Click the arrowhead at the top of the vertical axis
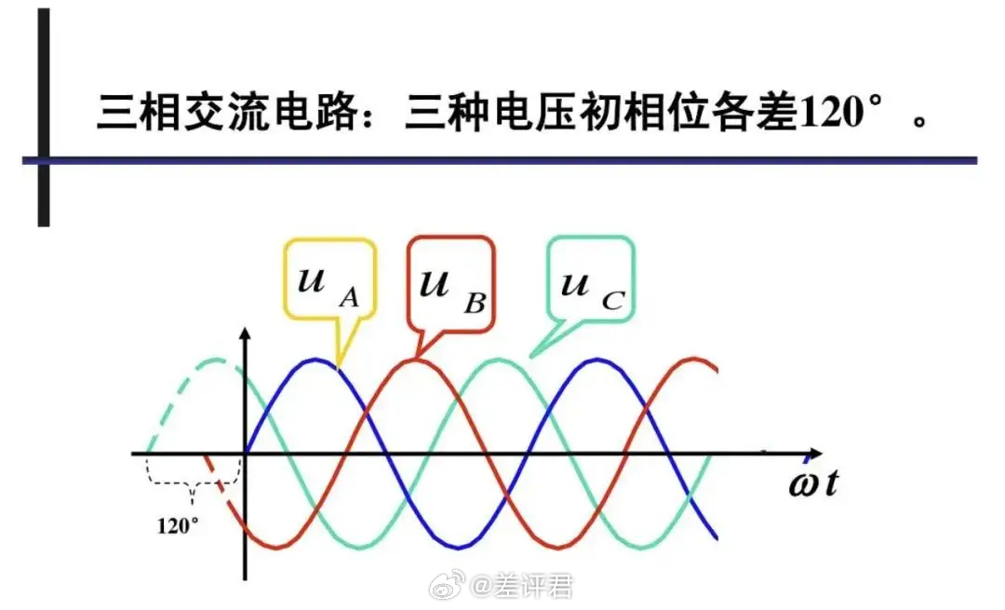245,333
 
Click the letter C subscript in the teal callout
612,300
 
